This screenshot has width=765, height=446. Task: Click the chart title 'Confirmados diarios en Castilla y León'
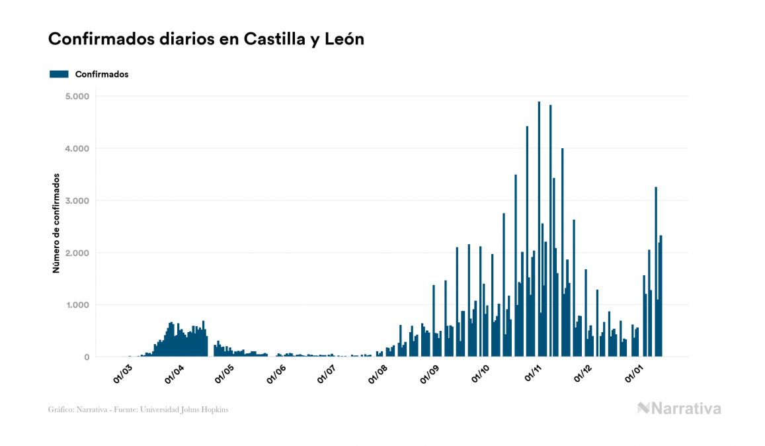(x=206, y=39)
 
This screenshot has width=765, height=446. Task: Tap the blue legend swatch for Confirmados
(x=59, y=74)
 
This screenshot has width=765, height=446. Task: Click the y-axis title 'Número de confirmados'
(x=56, y=224)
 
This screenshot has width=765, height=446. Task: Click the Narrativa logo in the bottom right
(x=679, y=408)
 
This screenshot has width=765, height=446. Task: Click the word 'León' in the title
(x=343, y=39)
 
